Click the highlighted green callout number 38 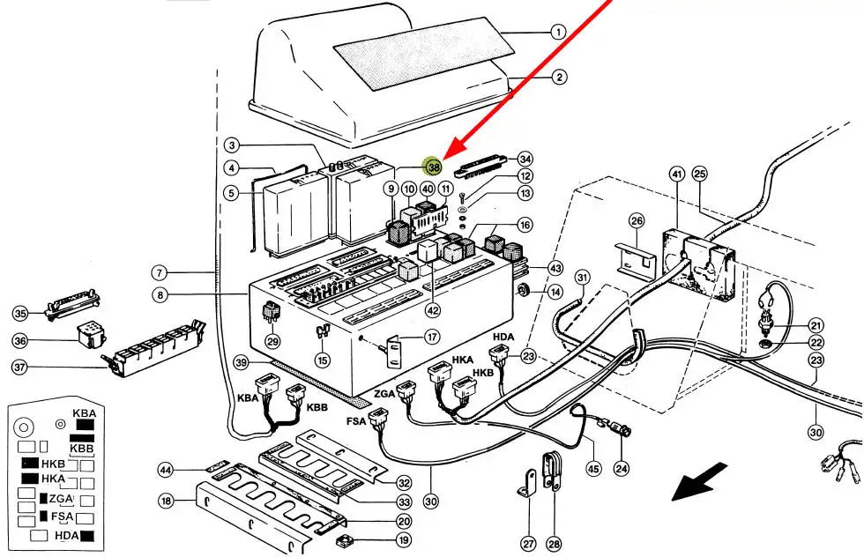tap(433, 166)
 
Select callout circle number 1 tap(557, 33)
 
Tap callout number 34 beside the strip tap(525, 160)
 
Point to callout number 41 tap(677, 174)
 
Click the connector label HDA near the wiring tap(503, 337)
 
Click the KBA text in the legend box tap(85, 412)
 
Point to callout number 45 tap(593, 469)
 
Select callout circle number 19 tap(404, 540)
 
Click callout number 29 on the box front tap(272, 342)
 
